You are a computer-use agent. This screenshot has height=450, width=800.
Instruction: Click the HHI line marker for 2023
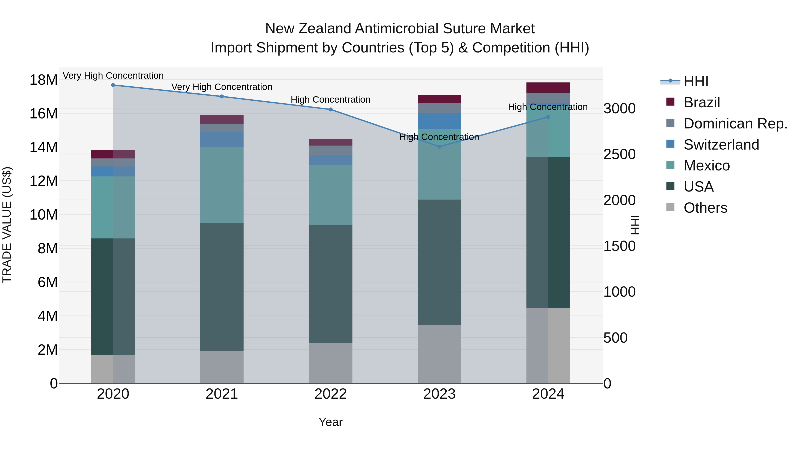point(439,147)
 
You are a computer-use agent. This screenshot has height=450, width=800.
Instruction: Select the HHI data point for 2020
point(113,85)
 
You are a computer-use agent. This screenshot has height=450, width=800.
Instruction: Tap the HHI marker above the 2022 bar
point(330,109)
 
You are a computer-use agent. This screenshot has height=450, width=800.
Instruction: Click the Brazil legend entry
point(702,102)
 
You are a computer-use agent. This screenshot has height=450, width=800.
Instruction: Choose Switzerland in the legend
point(721,145)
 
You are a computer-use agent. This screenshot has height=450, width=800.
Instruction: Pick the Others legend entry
point(705,208)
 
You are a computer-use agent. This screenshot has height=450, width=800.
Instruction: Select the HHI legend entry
point(696,81)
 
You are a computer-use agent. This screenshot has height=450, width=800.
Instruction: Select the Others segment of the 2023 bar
point(439,354)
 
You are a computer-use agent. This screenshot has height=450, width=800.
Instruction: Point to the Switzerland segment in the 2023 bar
point(439,121)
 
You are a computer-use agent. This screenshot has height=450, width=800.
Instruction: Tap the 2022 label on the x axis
point(330,394)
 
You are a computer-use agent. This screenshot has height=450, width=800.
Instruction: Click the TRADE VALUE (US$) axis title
point(7,225)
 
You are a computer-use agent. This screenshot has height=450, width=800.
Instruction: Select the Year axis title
point(330,422)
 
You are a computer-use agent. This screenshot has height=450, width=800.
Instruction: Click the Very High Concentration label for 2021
point(222,87)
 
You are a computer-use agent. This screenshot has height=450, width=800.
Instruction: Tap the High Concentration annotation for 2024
point(548,107)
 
